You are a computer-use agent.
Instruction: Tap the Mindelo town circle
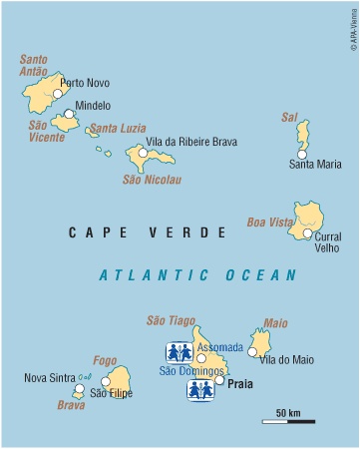click(69, 114)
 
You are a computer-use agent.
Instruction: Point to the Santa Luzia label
click(117, 128)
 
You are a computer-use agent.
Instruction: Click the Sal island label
click(289, 117)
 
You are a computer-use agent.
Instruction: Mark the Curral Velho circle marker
click(307, 233)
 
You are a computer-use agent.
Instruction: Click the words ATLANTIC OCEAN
click(198, 275)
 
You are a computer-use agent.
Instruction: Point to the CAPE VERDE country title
click(148, 232)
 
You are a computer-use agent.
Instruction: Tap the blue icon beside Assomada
click(178, 352)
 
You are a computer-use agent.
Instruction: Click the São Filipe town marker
click(105, 380)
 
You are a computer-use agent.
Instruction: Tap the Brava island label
click(71, 405)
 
